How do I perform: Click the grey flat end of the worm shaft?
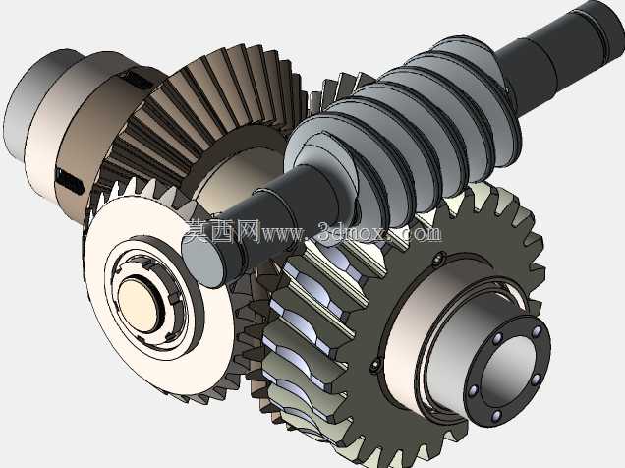pyautogui.click(x=202, y=261)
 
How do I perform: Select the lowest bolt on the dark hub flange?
pyautogui.click(x=496, y=416)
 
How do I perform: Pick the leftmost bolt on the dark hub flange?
pyautogui.click(x=474, y=389)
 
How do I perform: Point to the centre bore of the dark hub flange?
pyautogui.click(x=508, y=373)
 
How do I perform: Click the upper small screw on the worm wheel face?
pyautogui.click(x=438, y=260)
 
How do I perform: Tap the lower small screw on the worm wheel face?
pyautogui.click(x=373, y=365)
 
